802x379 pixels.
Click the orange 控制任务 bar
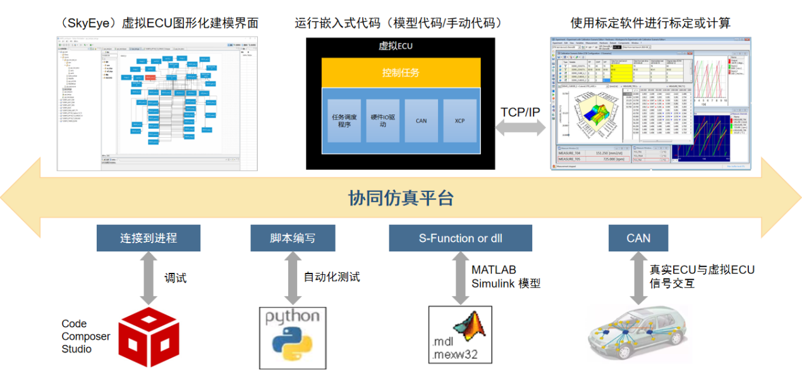[x=401, y=73]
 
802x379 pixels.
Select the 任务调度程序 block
[x=344, y=120]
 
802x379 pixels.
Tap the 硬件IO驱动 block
[x=384, y=120]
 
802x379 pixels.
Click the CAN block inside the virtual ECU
[x=422, y=120]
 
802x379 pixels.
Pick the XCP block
[x=459, y=120]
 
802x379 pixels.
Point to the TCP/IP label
[x=520, y=112]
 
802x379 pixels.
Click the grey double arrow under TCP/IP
[x=521, y=128]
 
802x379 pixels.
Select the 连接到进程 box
[x=149, y=238]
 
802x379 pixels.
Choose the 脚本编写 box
[x=293, y=238]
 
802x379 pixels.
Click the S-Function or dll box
[x=460, y=238]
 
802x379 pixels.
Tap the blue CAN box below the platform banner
[x=638, y=238]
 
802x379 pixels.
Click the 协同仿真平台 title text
[x=401, y=198]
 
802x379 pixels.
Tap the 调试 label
[x=175, y=278]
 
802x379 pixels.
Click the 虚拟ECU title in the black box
[x=396, y=45]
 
